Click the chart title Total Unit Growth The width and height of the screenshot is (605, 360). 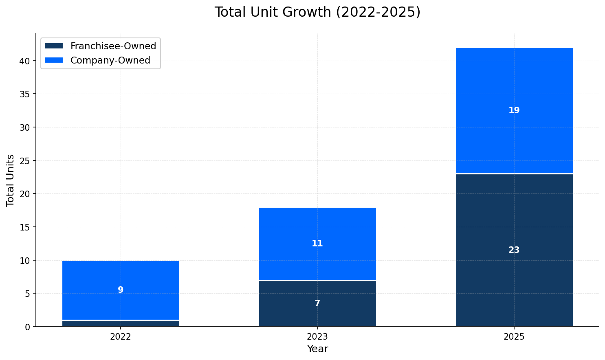[317, 12]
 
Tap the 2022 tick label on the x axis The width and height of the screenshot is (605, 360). [121, 337]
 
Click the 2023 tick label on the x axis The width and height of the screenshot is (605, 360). [317, 337]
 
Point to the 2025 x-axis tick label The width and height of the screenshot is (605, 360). [514, 337]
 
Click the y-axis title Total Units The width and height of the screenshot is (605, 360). [11, 180]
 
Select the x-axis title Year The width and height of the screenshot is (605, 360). [317, 349]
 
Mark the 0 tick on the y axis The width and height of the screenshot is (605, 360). [27, 327]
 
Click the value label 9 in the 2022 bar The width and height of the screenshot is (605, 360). [121, 290]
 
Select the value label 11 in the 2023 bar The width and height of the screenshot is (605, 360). [317, 244]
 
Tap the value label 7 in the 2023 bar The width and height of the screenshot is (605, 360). [317, 304]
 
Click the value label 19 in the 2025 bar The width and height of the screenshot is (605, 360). [514, 111]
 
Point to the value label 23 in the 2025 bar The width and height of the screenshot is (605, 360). [514, 250]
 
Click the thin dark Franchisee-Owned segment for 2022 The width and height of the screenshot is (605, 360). [121, 324]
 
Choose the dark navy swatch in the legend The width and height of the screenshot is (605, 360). [54, 46]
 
